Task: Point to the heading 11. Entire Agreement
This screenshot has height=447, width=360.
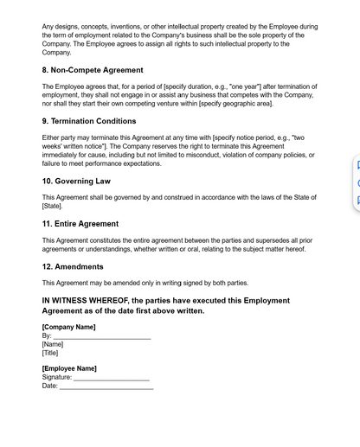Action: [x=80, y=224]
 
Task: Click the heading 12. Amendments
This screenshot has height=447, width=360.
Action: [x=73, y=266]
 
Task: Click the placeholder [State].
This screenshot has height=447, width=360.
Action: [x=52, y=206]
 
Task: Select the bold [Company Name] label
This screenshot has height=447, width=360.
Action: [x=68, y=327]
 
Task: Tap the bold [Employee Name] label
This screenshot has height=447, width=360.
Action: [x=69, y=368]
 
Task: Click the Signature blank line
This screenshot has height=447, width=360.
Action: [x=112, y=378]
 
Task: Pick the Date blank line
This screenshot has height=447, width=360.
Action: [x=106, y=386]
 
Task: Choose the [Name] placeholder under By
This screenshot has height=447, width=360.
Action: [x=53, y=344]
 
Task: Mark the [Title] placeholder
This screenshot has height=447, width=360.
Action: [x=50, y=353]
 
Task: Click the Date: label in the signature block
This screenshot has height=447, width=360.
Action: [x=50, y=386]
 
